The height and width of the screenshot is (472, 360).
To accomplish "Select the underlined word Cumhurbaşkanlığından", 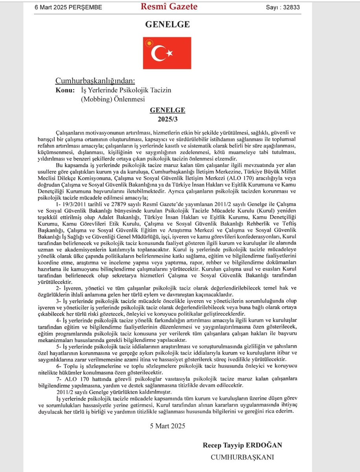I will pyautogui.click(x=95, y=81).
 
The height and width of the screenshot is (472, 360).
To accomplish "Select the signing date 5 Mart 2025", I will pyautogui.click(x=168, y=426).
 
